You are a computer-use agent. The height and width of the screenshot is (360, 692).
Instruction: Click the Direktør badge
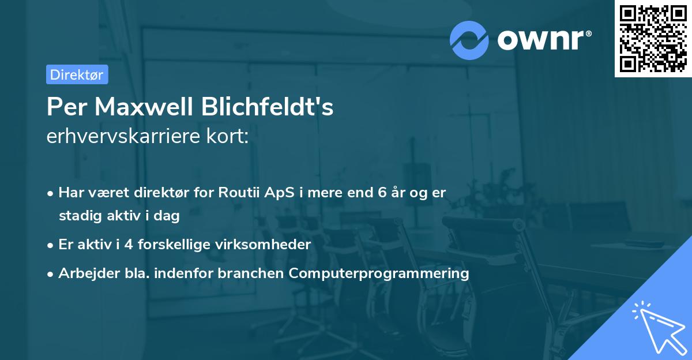tap(77, 74)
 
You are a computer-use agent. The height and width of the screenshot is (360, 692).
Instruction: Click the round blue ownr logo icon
tap(469, 40)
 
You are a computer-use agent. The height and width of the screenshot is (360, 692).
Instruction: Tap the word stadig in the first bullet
tap(78, 216)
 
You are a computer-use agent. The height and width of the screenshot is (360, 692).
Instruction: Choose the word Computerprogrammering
tap(379, 273)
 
